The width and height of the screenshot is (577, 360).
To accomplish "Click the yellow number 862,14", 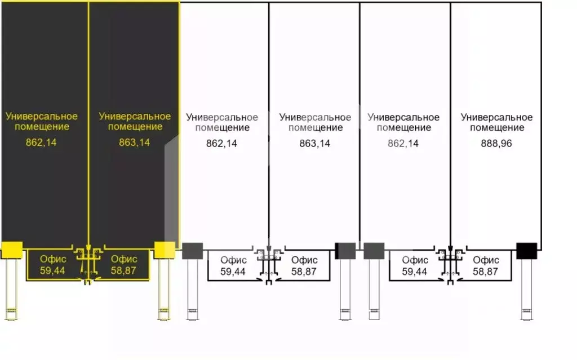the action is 41,143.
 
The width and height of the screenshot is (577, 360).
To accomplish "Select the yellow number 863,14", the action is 134,143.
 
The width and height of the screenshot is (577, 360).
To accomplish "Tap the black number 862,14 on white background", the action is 221,144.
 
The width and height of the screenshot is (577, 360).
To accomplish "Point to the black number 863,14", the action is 314,144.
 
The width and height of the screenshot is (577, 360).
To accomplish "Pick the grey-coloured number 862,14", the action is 403,144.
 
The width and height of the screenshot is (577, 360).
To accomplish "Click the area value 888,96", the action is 496,144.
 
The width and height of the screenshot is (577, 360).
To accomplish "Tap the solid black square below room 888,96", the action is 527,251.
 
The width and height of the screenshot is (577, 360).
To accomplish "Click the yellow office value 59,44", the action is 52,270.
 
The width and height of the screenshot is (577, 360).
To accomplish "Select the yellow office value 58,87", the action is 123,270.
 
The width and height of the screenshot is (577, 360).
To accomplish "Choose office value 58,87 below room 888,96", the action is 485,272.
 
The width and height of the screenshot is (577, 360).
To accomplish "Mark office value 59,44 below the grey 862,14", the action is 414,272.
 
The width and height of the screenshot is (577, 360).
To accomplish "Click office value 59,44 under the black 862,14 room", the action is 233,272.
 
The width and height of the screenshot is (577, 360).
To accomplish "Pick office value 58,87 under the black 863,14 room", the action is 304,272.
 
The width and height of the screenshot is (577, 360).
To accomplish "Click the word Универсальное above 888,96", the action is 497,117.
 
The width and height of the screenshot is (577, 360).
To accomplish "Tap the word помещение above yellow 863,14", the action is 135,127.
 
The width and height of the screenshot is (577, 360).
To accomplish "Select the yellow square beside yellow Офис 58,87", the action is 165,250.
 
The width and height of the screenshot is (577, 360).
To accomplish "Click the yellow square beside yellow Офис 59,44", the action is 12,250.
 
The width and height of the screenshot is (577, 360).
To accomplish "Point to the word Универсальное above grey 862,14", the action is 403,117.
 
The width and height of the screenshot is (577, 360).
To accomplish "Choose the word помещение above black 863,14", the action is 316,128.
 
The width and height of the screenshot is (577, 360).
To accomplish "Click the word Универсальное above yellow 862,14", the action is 42,116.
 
